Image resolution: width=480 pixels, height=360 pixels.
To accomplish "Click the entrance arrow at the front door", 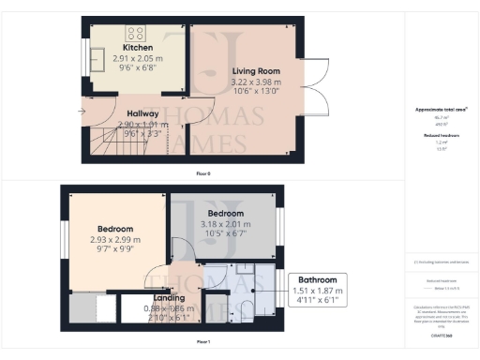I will [x=84, y=114].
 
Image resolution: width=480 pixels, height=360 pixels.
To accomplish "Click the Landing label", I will [x=170, y=299].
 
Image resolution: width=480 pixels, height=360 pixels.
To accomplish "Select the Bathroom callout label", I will [x=316, y=279].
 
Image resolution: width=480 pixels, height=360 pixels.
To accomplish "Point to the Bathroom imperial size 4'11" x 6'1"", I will [x=316, y=300].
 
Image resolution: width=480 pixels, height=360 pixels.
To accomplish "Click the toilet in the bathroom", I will [x=247, y=310].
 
